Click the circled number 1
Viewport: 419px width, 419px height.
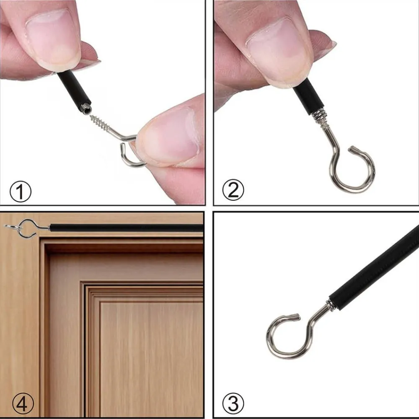tap(20, 191)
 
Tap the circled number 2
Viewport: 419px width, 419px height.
tap(233, 190)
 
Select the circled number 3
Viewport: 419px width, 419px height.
tap(233, 403)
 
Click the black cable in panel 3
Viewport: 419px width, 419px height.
tap(374, 267)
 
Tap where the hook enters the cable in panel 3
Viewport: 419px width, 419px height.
tap(330, 305)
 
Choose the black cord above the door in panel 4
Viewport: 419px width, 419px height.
tap(126, 228)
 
